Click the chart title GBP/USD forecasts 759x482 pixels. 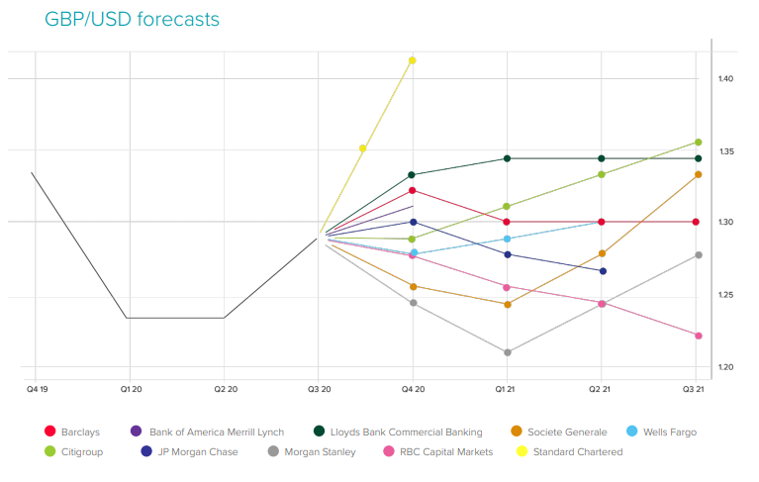132,20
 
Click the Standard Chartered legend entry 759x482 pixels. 577,451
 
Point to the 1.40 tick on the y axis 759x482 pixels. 725,78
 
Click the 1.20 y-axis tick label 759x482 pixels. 725,368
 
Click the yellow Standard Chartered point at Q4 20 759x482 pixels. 413,60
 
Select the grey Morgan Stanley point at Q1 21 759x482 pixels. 507,352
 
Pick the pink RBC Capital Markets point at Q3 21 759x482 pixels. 698,336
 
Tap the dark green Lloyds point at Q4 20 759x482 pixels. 413,175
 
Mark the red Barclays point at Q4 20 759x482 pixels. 413,190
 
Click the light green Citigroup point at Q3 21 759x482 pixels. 698,142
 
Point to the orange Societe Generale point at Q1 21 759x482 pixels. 507,304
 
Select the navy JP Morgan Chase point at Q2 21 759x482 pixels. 603,271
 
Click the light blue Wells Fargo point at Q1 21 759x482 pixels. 507,239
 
